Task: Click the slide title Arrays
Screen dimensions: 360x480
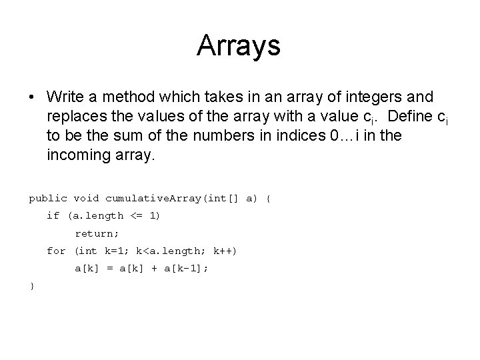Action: pyautogui.click(x=239, y=45)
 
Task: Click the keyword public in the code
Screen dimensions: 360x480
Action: pyautogui.click(x=48, y=198)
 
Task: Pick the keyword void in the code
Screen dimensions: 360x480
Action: pyautogui.click(x=87, y=198)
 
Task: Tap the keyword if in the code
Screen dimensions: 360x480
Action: pyautogui.click(x=53, y=215)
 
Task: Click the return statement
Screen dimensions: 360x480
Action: pyautogui.click(x=97, y=233)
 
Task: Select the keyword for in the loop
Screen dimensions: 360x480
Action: pyautogui.click(x=56, y=251)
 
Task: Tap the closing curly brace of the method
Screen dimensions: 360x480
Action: pyautogui.click(x=31, y=286)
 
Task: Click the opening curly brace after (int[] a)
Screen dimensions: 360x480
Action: pyautogui.click(x=268, y=198)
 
